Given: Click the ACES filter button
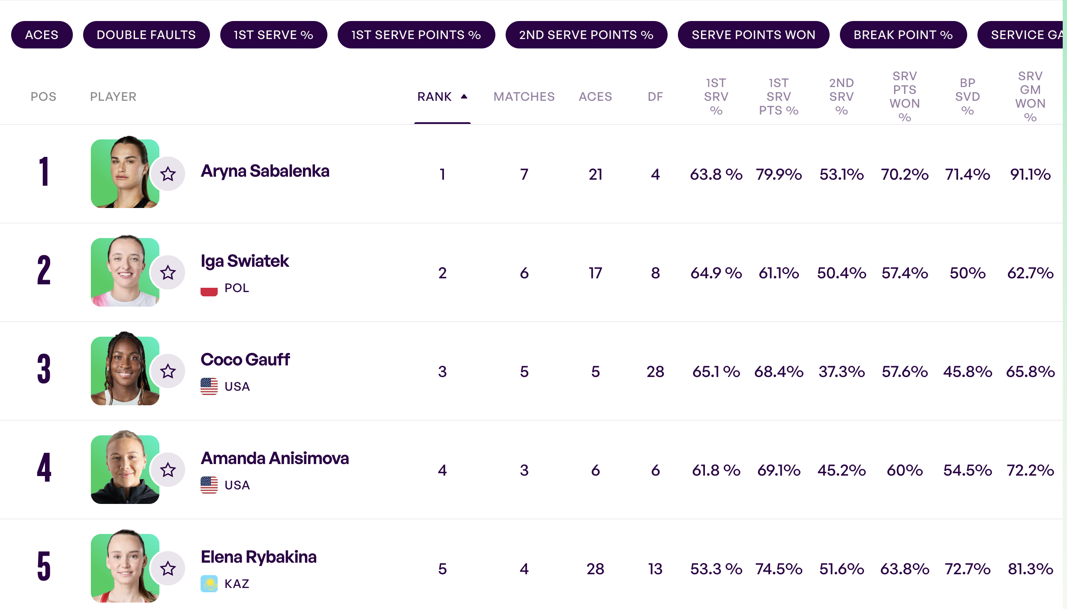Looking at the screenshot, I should (42, 35).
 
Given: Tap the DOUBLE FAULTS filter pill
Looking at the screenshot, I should (146, 35).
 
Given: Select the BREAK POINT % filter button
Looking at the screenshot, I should (903, 35).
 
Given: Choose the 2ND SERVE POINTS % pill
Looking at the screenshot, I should (586, 35).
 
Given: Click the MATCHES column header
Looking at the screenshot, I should (524, 97).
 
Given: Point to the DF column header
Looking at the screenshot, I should (655, 97).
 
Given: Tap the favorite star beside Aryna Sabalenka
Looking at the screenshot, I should (168, 174).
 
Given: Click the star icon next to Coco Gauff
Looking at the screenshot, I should (168, 371).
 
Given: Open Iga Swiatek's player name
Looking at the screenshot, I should (245, 261).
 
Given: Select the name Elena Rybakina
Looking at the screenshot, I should (258, 557).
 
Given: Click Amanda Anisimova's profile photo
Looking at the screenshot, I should (125, 469).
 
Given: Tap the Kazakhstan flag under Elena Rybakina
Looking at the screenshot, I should (209, 584).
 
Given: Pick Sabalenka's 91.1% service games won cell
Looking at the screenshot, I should (1030, 175).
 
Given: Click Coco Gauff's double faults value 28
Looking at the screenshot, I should (655, 372).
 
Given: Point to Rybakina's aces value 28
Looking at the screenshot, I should (595, 569).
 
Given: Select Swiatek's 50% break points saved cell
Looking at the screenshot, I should (967, 273).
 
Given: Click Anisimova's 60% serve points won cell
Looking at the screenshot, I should (904, 470).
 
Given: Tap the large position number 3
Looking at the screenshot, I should (44, 369).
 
